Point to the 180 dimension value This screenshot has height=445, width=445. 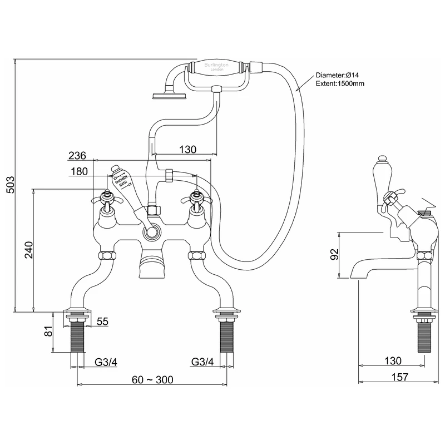pos(79,172)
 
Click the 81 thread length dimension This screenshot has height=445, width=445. pos(48,333)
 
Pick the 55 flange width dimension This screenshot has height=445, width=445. pos(103,322)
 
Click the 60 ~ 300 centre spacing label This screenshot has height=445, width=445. pos(152,380)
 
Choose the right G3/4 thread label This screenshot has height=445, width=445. pos(202,362)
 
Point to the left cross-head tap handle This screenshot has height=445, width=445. pos(106,196)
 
